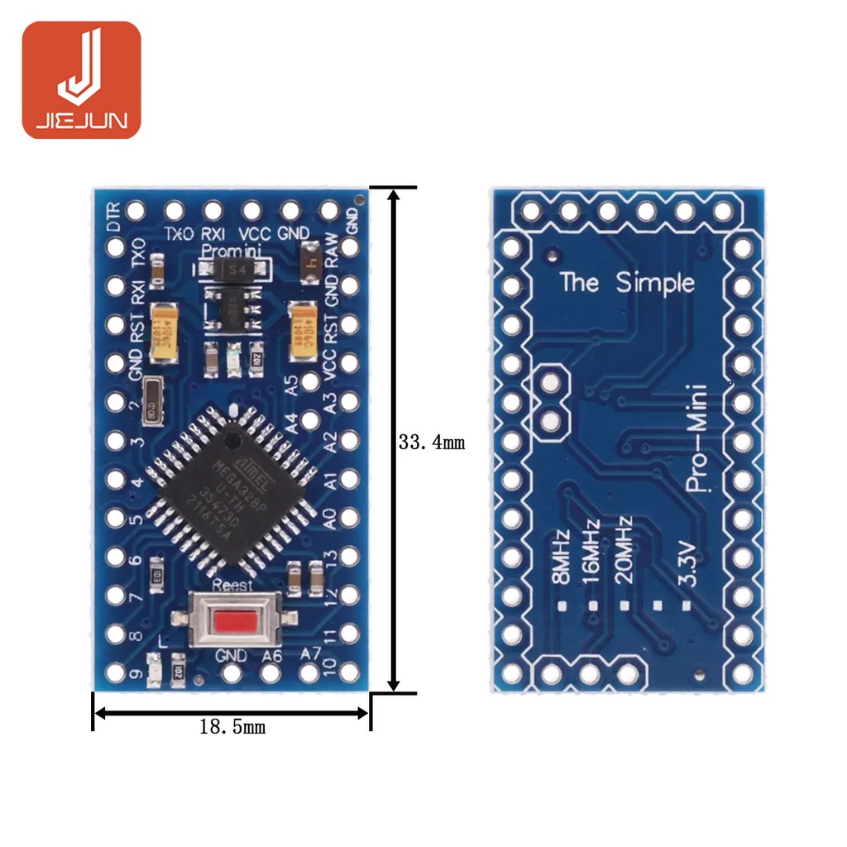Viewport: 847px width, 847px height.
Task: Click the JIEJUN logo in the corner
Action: click(81, 79)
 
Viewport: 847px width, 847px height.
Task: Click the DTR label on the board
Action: click(115, 217)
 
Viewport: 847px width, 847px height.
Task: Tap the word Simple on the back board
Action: click(655, 283)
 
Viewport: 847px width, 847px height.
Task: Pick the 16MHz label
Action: click(591, 552)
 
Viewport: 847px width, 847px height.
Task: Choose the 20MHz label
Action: click(624, 550)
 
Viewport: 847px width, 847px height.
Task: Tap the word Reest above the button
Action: click(233, 586)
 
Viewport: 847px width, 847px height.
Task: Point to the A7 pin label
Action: click(310, 653)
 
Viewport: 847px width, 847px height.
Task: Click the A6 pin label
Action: click(271, 655)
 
